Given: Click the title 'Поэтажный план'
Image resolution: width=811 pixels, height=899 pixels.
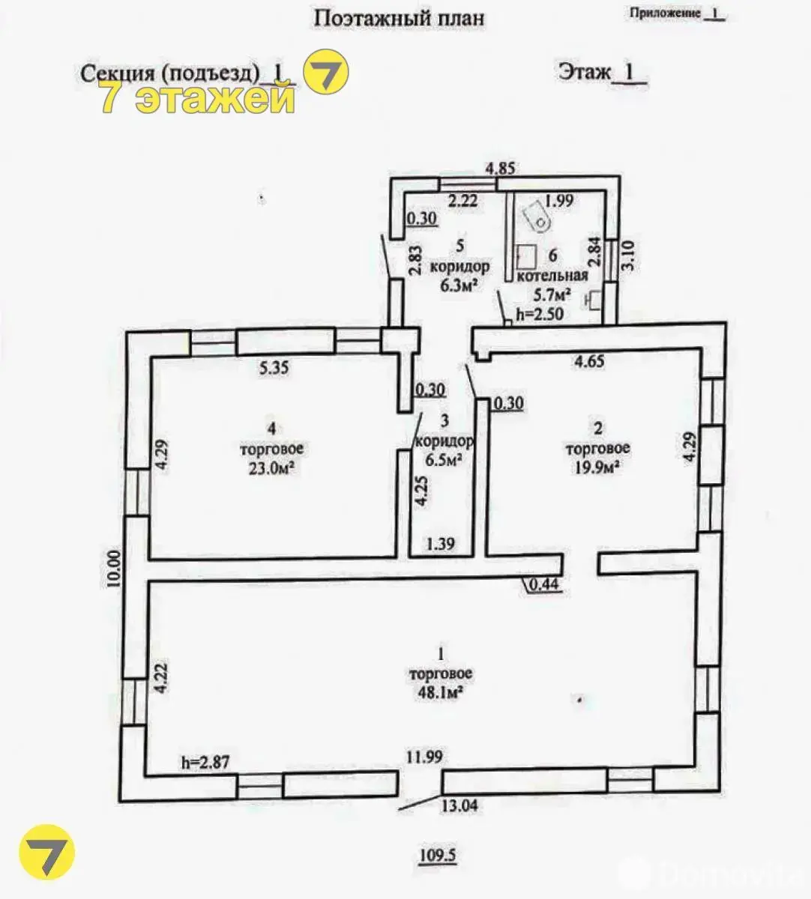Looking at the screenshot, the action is click(399, 19).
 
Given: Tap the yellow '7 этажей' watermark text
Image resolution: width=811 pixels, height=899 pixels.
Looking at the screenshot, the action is click(198, 99).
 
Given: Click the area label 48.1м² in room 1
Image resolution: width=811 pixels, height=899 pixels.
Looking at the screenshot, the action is click(440, 692).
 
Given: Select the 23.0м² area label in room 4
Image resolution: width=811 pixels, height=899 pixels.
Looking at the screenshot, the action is click(272, 468).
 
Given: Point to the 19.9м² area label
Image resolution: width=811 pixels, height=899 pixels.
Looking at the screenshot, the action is click(597, 467).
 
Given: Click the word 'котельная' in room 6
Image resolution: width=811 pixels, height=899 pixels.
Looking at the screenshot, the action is click(552, 276).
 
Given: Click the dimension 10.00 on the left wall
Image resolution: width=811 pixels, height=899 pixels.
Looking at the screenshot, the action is click(115, 569).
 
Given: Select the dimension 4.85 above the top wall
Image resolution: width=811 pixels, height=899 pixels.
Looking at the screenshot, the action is click(501, 169).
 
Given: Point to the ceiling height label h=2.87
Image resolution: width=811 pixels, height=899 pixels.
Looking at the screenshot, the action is click(205, 762).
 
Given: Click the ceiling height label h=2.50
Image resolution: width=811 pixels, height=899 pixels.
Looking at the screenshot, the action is click(540, 314).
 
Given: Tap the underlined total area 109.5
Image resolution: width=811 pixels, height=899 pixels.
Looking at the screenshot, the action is click(437, 856).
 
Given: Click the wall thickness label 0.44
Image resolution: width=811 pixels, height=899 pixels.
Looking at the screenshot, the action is click(544, 584).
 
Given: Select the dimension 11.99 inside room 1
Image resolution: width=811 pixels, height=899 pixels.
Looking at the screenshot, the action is click(424, 757).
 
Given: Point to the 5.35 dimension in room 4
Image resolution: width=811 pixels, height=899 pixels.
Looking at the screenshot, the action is click(274, 368).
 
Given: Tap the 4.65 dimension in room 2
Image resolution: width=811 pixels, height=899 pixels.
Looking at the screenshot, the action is click(589, 361).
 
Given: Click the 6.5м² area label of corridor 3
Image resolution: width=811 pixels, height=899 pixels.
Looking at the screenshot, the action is click(444, 460).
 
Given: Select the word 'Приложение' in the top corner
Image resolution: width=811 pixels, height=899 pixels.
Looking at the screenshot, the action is click(665, 13).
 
